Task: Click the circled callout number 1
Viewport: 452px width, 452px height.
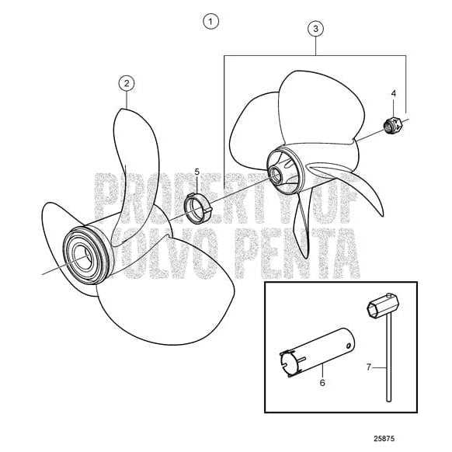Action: [211, 21]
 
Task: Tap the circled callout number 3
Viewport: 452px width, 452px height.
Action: [315, 29]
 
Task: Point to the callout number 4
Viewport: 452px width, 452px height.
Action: [393, 93]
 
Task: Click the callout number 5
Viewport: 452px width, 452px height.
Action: [197, 171]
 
